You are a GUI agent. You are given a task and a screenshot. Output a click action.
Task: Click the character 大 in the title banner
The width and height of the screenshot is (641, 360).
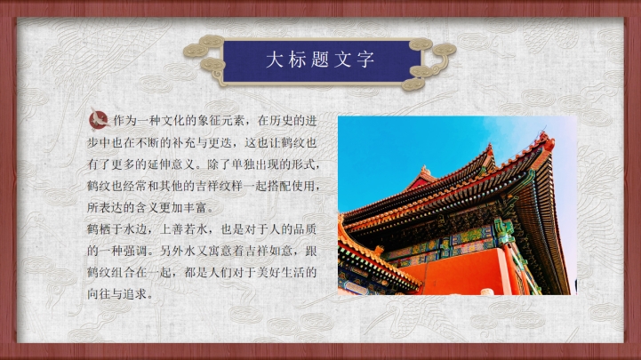click(274, 60)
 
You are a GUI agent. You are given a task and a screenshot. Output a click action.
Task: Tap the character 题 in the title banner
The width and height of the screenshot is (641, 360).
click(320, 60)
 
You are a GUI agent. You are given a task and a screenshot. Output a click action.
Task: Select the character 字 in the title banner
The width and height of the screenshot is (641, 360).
click(365, 60)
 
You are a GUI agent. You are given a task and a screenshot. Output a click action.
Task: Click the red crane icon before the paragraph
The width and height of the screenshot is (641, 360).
click(99, 119)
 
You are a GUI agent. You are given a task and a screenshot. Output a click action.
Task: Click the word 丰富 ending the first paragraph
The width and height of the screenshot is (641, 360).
click(196, 208)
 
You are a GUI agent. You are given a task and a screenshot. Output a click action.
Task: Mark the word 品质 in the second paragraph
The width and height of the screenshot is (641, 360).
click(305, 229)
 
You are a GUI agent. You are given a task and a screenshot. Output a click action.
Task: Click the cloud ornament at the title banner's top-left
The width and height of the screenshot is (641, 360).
click(212, 41)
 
